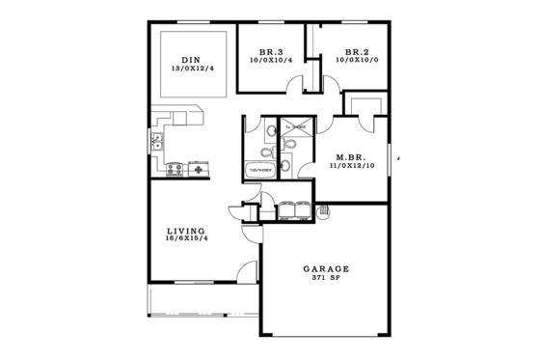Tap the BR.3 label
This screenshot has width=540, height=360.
point(271,52)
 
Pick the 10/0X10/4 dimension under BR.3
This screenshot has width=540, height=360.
point(271,61)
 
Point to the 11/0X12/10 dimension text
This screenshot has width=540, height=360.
point(350,167)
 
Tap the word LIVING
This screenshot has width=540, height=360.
point(185,231)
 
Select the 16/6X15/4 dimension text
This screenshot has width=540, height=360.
point(186,239)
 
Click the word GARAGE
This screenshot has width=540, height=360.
point(326,269)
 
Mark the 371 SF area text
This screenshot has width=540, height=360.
point(326,278)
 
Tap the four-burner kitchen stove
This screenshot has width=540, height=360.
point(175,170)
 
